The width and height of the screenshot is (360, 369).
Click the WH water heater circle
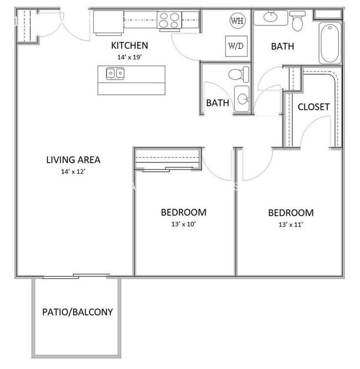(237, 22)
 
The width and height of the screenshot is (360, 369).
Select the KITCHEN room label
(130, 45)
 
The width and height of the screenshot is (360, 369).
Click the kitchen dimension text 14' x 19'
(130, 57)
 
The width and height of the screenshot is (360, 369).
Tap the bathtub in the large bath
(330, 43)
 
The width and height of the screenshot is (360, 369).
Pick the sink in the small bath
(242, 99)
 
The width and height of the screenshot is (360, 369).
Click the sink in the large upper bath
(270, 17)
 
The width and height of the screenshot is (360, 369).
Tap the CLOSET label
(313, 106)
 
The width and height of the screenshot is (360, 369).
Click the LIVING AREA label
(73, 160)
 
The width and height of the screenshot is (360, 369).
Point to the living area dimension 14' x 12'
(73, 172)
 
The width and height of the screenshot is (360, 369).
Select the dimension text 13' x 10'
(183, 224)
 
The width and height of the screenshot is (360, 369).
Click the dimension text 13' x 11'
(291, 224)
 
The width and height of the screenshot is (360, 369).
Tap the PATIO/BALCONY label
(78, 312)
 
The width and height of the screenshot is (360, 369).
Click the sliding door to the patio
(75, 275)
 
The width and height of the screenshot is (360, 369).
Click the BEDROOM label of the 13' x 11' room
(291, 213)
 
